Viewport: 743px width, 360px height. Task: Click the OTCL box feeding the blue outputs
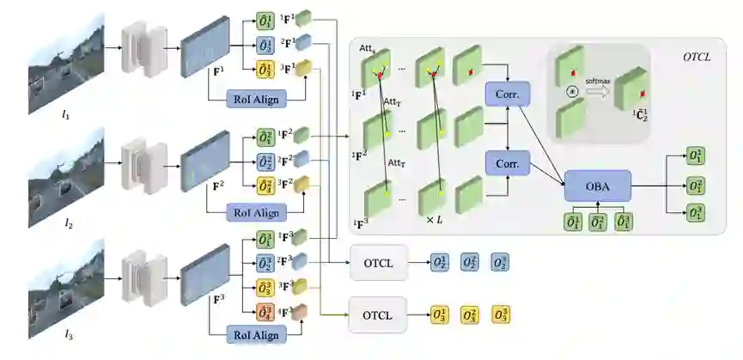point(380,263)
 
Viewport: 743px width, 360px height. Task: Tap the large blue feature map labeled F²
point(204,161)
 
